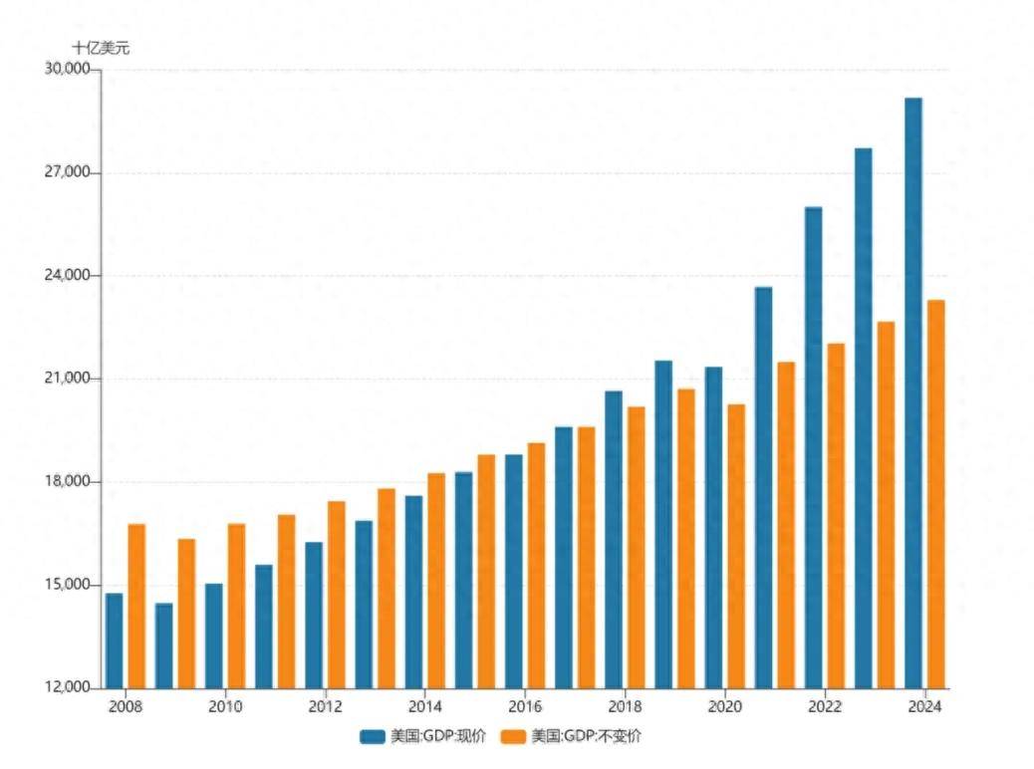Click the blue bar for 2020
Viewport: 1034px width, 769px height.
pyautogui.click(x=713, y=527)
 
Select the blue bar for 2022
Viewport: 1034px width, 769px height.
pyautogui.click(x=813, y=447)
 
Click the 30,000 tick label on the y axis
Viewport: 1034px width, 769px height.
pyautogui.click(x=67, y=70)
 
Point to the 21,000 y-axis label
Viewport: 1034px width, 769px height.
pyautogui.click(x=67, y=379)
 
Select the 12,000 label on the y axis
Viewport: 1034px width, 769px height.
pyautogui.click(x=67, y=687)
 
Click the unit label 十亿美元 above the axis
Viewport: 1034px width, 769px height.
pyautogui.click(x=100, y=47)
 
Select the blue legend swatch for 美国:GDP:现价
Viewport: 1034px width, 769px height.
pyautogui.click(x=373, y=737)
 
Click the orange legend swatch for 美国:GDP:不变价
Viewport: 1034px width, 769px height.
pyautogui.click(x=513, y=737)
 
